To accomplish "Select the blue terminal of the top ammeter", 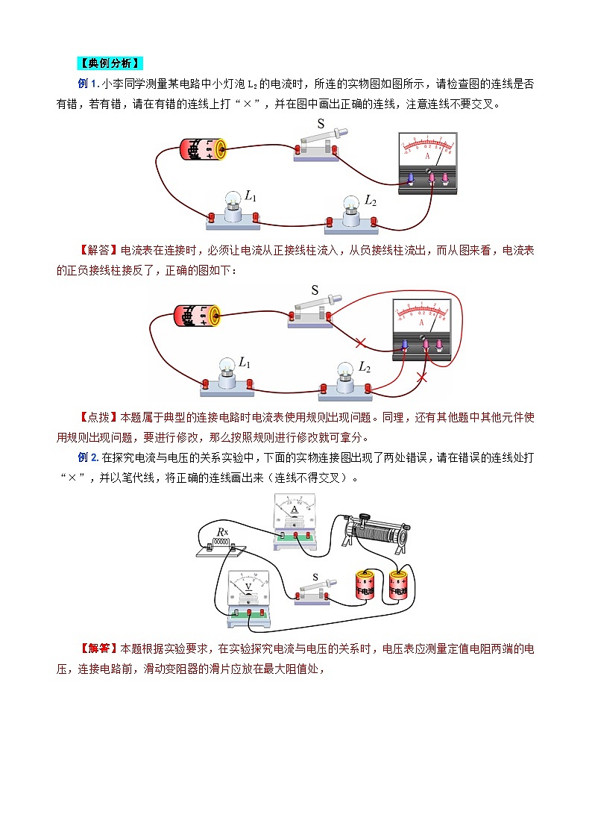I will point(409,178).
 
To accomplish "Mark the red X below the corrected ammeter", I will point(421,378).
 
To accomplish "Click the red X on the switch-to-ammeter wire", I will point(361,343).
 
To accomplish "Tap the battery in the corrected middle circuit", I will point(196,315).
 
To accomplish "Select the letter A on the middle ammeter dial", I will point(423,324).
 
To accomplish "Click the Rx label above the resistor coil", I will point(221,532).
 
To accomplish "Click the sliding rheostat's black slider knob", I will point(365,517).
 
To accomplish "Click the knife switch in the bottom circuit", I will point(314,591).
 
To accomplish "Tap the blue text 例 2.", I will point(89,457).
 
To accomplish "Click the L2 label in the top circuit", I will point(371,201).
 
